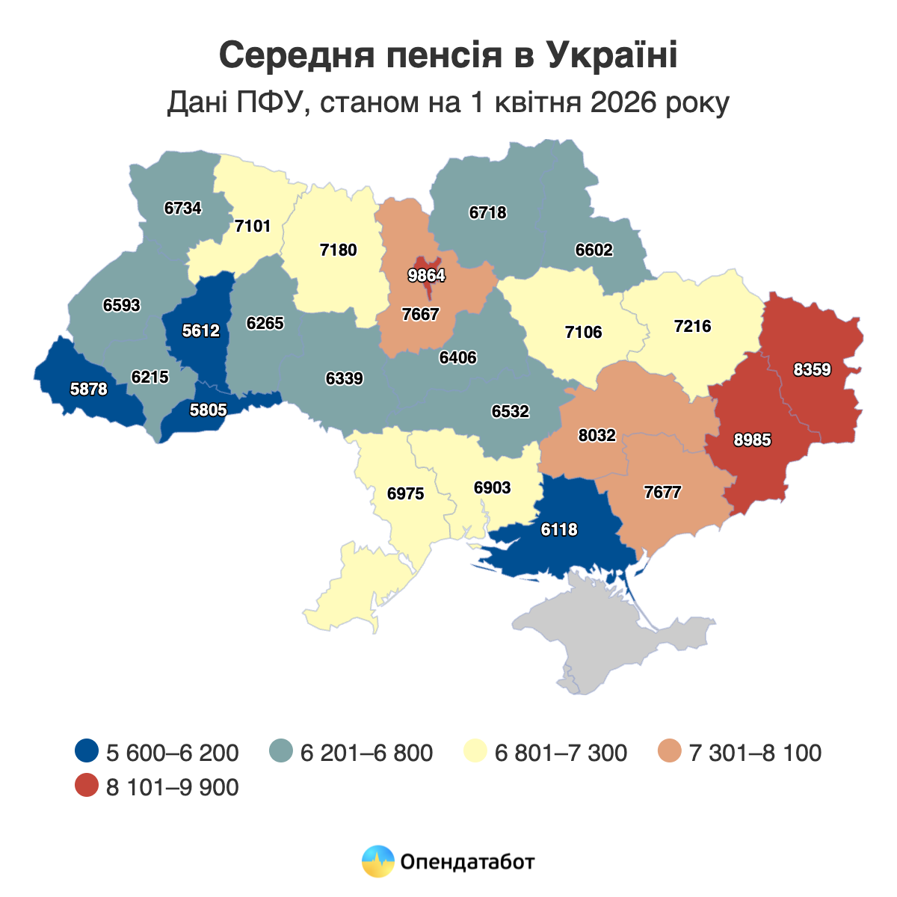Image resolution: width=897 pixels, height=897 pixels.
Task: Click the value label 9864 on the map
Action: click(427, 276)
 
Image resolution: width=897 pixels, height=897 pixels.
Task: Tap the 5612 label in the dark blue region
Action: click(201, 330)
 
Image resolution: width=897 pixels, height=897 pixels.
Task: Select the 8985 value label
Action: click(752, 440)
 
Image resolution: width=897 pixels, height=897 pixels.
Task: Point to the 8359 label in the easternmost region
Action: click(813, 369)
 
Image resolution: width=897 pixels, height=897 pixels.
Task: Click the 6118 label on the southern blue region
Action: click(559, 529)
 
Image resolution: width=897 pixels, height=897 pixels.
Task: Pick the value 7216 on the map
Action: click(692, 326)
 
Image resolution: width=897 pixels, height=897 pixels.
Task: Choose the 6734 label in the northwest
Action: click(183, 209)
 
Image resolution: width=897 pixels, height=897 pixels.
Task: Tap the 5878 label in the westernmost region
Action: click(89, 389)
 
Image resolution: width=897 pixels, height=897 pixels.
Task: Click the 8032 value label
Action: click(597, 434)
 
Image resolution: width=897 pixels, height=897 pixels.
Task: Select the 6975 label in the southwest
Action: click(406, 493)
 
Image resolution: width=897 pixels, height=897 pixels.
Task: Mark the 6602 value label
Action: click(594, 250)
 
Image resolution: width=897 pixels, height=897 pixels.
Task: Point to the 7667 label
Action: click(420, 314)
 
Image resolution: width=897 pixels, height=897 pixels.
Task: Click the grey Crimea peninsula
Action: click(620, 635)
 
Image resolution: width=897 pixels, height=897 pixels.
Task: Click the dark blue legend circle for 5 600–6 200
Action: click(87, 752)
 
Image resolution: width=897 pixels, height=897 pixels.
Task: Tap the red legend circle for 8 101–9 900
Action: click(87, 786)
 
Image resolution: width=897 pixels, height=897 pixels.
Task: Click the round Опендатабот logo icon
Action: click(377, 861)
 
